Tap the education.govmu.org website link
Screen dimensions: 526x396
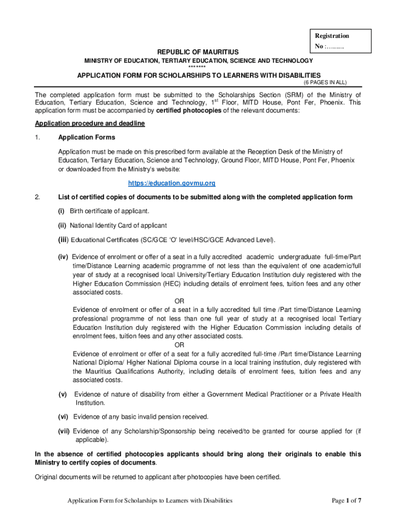(171, 183)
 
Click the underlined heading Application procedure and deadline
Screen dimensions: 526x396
(89, 124)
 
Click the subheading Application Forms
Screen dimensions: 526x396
(86, 138)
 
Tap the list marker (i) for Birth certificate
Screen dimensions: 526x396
(61, 212)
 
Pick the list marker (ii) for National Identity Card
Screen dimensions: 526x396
(62, 226)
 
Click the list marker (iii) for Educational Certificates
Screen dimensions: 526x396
(63, 239)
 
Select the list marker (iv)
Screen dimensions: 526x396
(63, 257)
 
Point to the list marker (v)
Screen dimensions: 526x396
(63, 394)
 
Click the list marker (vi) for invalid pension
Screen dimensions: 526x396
(64, 417)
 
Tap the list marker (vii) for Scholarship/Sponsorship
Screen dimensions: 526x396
(64, 431)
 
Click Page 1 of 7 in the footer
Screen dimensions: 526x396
(347, 500)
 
